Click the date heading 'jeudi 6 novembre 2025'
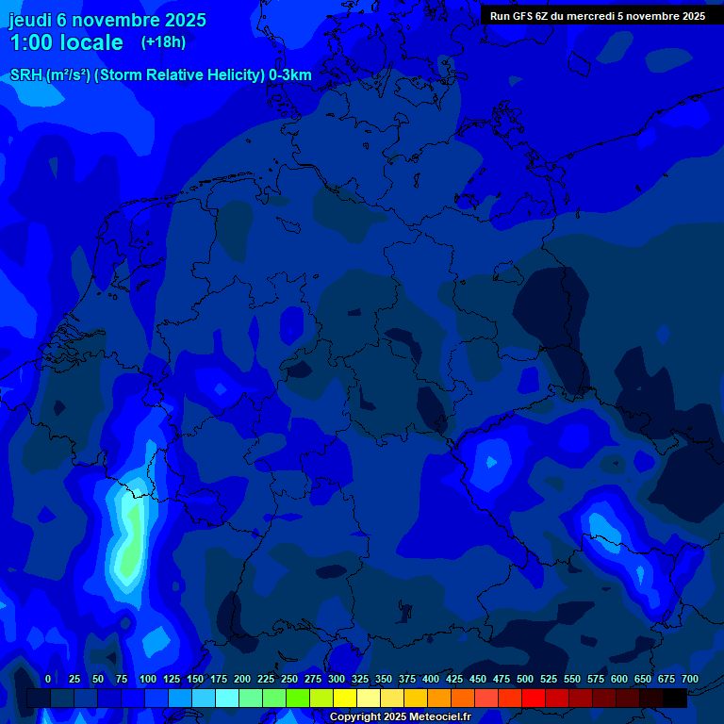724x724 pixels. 107,20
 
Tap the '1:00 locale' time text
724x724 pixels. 66,42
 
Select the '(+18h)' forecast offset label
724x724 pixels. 163,42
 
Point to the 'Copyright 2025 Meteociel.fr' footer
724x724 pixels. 400,716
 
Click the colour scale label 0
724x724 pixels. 48,679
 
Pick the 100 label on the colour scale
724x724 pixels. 148,679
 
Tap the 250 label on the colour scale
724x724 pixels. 289,679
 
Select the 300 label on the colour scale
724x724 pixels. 337,679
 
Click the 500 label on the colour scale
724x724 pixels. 525,679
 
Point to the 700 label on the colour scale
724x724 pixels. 690,679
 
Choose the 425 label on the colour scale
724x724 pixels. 454,679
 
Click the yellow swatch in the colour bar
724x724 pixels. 345,698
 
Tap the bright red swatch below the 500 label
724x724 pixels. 534,698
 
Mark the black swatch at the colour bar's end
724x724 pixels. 675,698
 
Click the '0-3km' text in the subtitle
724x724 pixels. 290,75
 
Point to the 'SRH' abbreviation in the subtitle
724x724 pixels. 26,75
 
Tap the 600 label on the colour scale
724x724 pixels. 619,679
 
